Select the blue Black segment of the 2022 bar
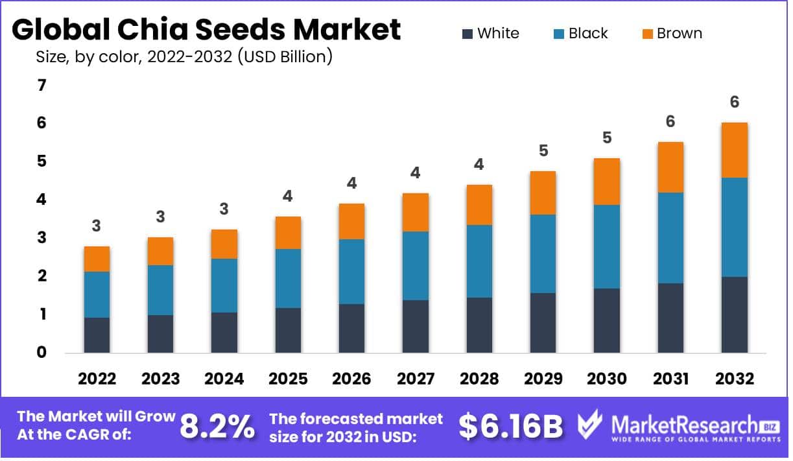pos(97,295)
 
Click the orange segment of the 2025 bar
pos(287,233)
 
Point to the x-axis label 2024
pos(224,379)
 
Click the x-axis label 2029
pos(542,379)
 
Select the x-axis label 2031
pos(670,379)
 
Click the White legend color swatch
pos(467,34)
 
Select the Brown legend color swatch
pos(646,34)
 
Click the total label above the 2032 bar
pos(734,102)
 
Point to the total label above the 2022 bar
pos(96,226)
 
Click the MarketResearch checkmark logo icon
pos(590,426)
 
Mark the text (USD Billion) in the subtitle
pos(285,57)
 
